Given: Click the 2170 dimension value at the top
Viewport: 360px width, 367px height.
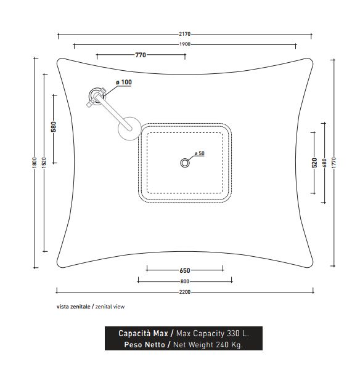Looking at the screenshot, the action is (185, 34).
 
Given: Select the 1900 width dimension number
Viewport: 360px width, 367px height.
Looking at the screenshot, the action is (185, 44).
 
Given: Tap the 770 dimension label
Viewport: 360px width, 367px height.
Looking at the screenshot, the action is (141, 55).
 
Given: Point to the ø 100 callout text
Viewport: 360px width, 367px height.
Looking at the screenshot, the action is (124, 82).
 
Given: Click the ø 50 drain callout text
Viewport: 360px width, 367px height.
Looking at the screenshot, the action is (200, 153).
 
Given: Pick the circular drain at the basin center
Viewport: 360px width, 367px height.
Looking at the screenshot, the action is (185, 163).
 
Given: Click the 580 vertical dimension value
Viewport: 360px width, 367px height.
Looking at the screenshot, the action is (54, 127).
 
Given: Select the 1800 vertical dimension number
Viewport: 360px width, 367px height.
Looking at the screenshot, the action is (35, 163).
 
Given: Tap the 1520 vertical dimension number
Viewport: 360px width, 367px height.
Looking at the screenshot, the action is (44, 163).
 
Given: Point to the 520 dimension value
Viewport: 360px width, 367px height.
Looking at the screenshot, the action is (314, 163).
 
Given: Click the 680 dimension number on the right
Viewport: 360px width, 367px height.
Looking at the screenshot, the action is (325, 163).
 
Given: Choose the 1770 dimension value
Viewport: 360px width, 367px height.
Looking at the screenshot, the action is (334, 163).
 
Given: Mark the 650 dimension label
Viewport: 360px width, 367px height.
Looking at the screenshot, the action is (185, 270).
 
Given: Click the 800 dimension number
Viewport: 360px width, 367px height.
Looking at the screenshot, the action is (185, 281).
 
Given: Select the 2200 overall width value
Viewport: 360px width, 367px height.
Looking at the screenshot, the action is (185, 292).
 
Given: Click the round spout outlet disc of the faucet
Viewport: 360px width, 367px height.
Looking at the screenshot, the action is (129, 129).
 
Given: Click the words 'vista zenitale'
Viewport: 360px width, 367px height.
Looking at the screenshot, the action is (73, 307).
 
